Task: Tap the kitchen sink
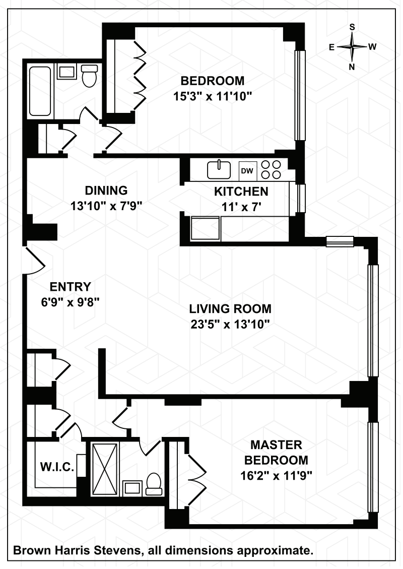pyautogui.click(x=220, y=170)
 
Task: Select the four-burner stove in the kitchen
pyautogui.click(x=272, y=170)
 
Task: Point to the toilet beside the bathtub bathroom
pyautogui.click(x=89, y=76)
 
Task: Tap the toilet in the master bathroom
pyautogui.click(x=154, y=484)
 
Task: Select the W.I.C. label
pyautogui.click(x=57, y=467)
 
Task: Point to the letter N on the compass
pyautogui.click(x=352, y=67)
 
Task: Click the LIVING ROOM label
pyautogui.click(x=230, y=309)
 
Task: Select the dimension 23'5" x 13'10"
pyautogui.click(x=230, y=324)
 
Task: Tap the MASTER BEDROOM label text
pyautogui.click(x=276, y=453)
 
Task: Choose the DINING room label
pyautogui.click(x=106, y=190)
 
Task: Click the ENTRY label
pyautogui.click(x=71, y=287)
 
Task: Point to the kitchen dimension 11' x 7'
pyautogui.click(x=242, y=207)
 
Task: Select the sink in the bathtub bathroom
pyautogui.click(x=66, y=72)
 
